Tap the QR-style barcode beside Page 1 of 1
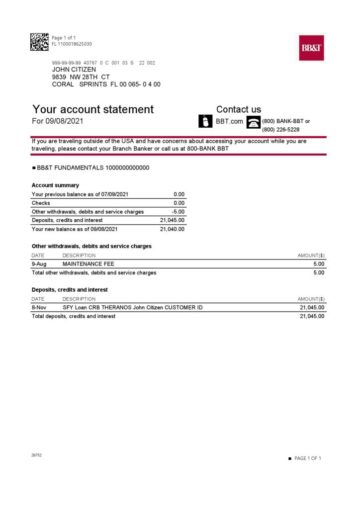39,41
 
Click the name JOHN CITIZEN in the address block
74,70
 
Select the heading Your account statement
93,109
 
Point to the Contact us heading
238,109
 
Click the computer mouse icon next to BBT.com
206,121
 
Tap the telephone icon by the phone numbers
254,122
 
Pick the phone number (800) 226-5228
280,130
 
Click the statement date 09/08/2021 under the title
64,121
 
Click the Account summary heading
55,185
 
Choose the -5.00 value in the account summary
178,212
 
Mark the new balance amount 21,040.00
172,229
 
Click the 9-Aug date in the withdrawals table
39,264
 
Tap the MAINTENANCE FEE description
88,264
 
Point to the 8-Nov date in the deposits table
39,308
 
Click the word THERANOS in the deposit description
118,308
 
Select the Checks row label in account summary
41,203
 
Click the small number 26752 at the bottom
36,455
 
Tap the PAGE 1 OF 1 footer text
308,458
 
